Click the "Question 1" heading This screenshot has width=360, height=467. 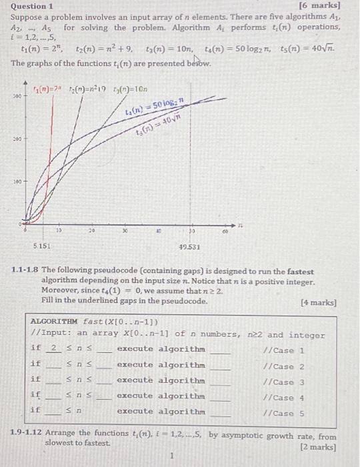[32, 7]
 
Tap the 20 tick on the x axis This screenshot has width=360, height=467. [91, 231]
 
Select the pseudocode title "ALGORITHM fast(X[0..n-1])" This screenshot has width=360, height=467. [90, 321]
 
